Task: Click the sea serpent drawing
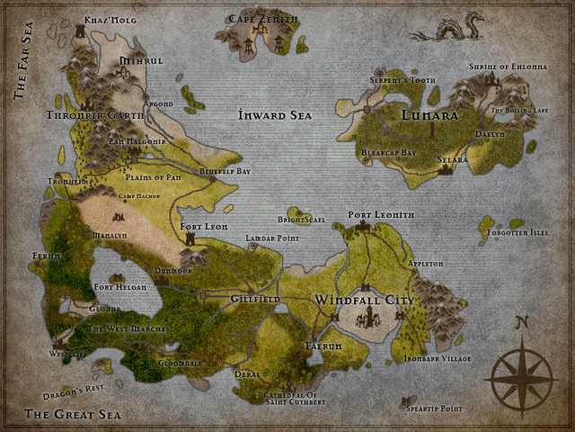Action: click(x=447, y=32)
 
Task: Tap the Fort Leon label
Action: click(x=204, y=227)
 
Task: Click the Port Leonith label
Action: click(x=381, y=215)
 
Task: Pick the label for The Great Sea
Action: click(x=73, y=415)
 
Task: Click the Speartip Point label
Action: click(x=433, y=409)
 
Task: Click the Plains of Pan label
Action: click(x=155, y=177)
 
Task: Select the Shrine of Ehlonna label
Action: click(x=508, y=67)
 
